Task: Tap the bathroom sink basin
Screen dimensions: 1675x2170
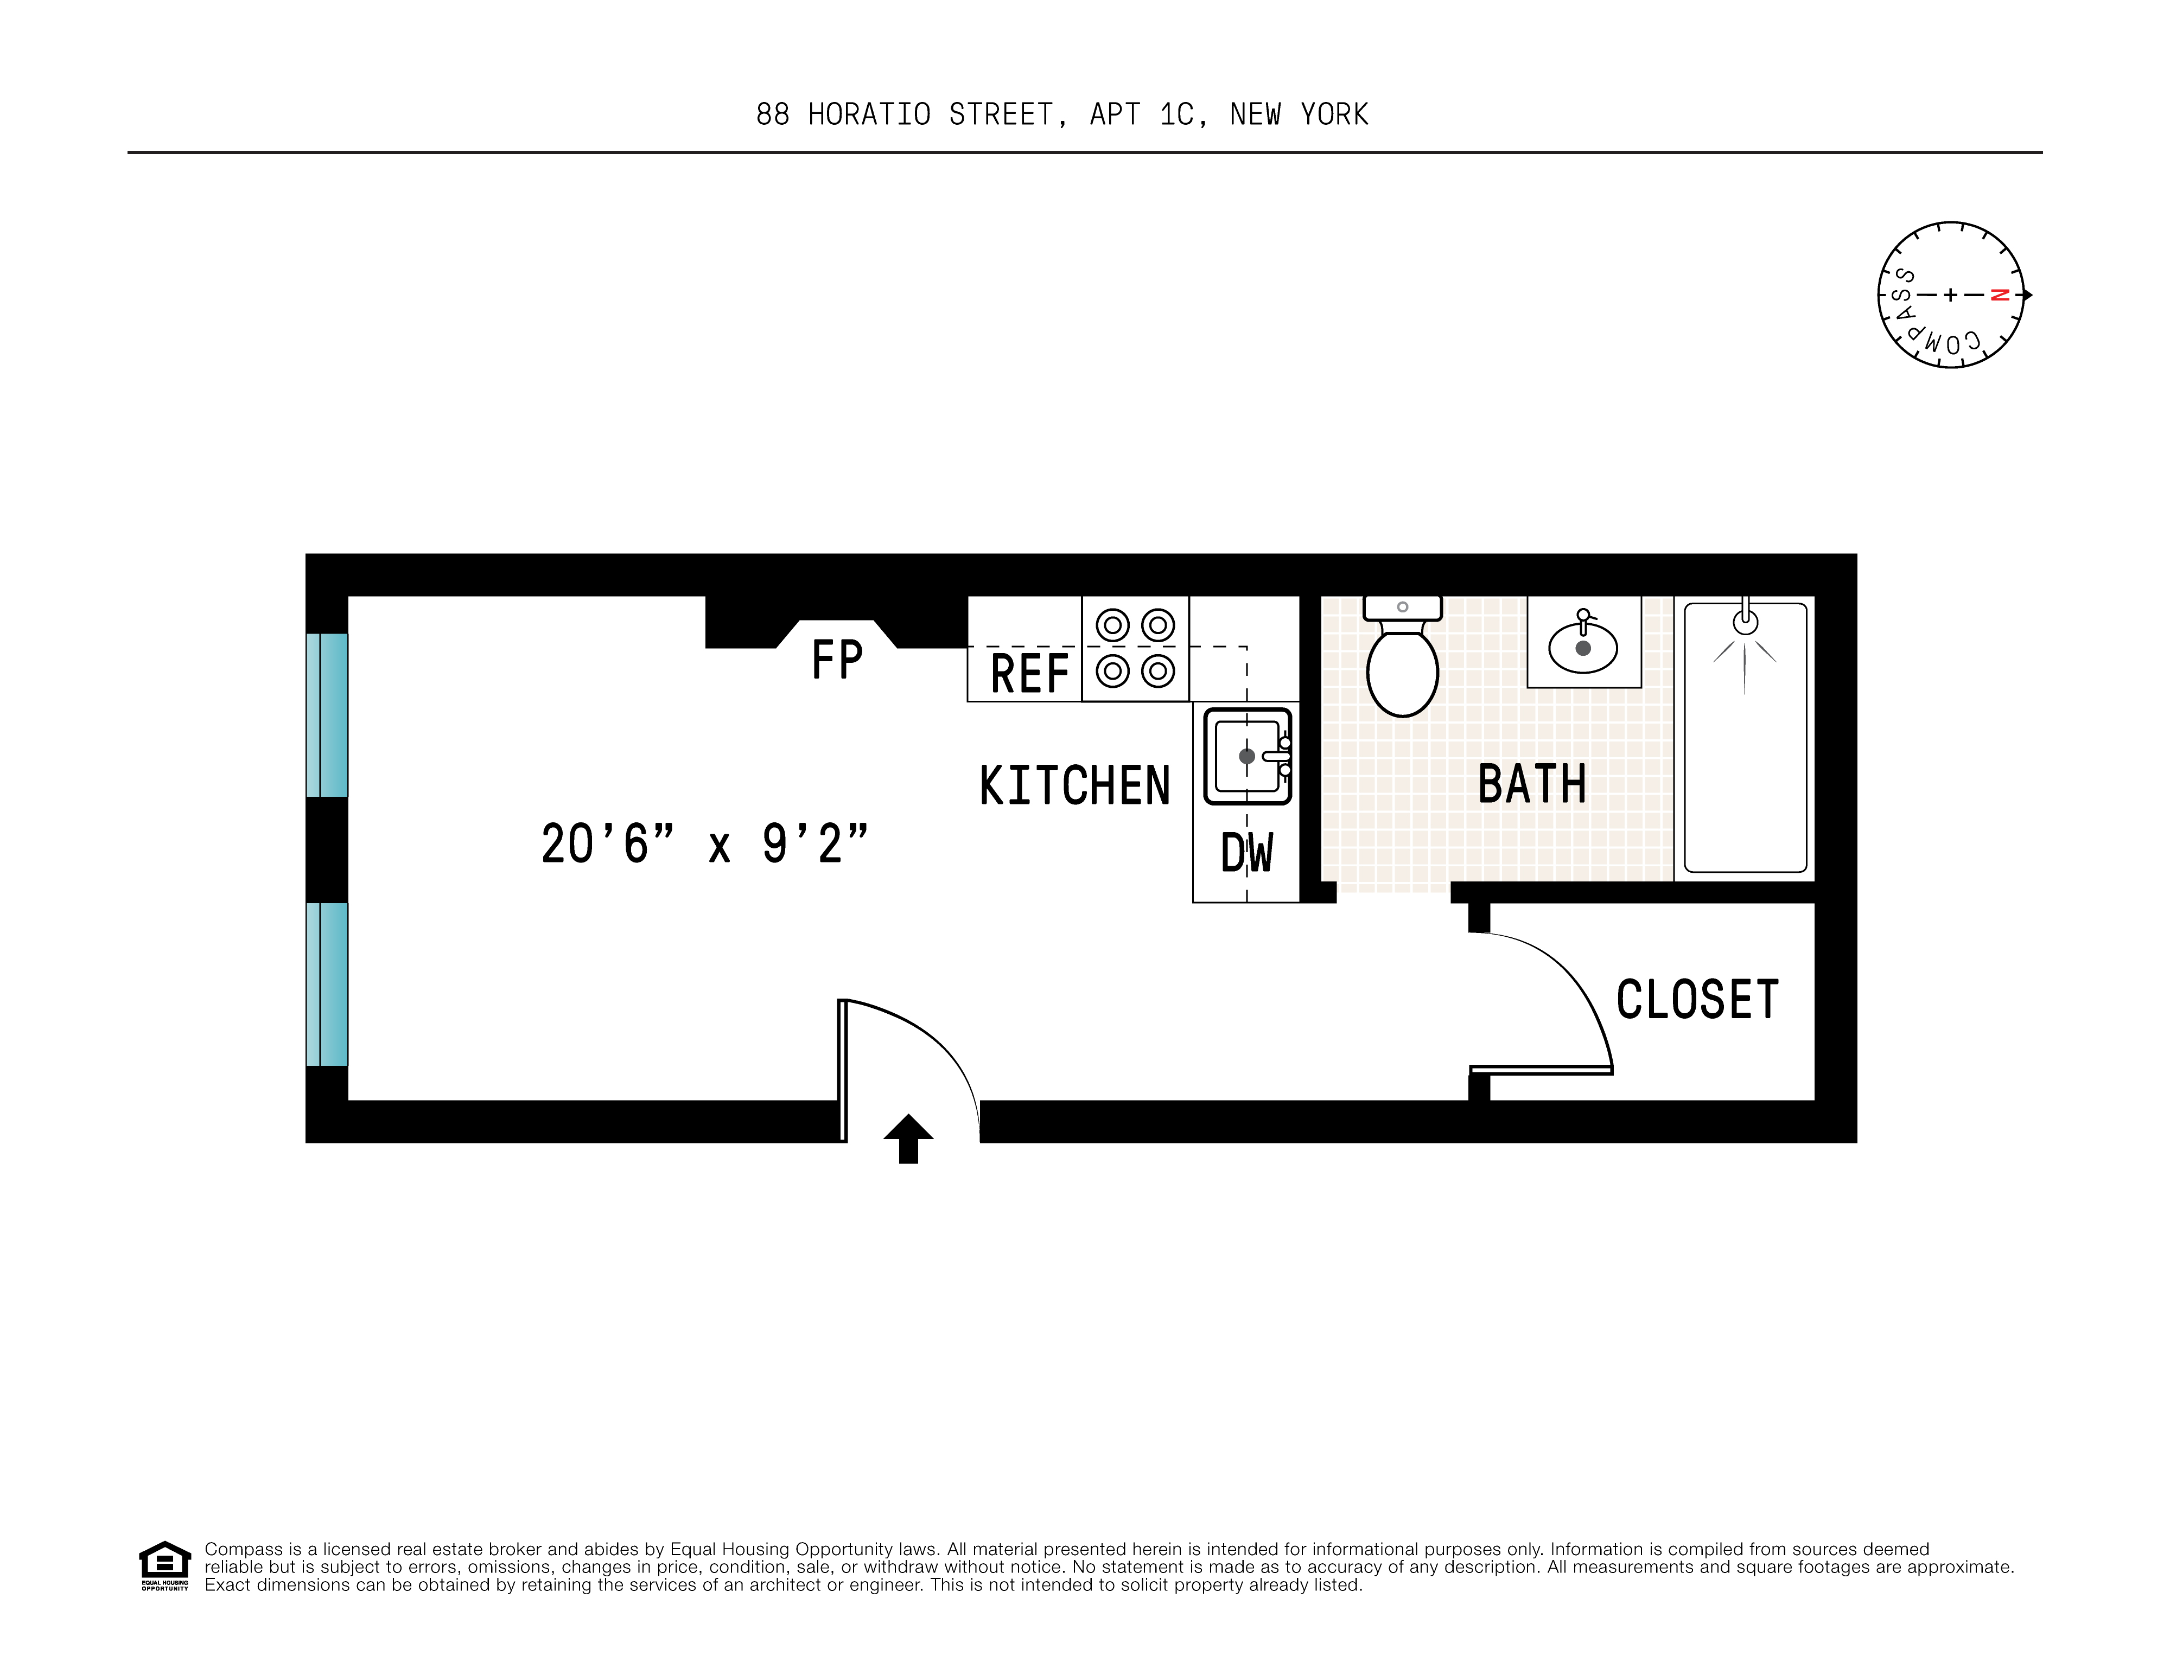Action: click(1583, 648)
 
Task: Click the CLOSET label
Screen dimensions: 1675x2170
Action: click(1696, 1000)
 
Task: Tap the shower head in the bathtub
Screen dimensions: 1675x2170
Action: click(1745, 623)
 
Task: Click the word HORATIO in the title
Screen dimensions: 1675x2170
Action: click(869, 115)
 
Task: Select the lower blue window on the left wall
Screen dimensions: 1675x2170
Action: click(327, 983)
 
